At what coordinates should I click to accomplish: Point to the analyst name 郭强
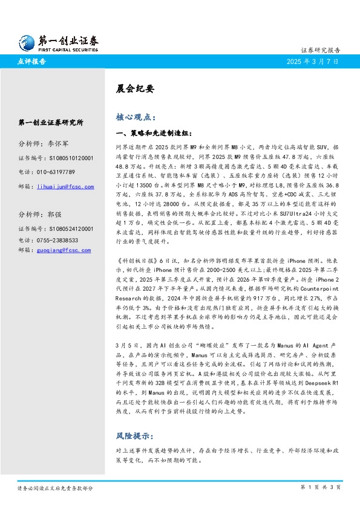(55, 215)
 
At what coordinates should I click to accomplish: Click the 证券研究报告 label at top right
(321, 50)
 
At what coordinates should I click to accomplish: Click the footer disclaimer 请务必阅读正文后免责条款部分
(55, 487)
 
